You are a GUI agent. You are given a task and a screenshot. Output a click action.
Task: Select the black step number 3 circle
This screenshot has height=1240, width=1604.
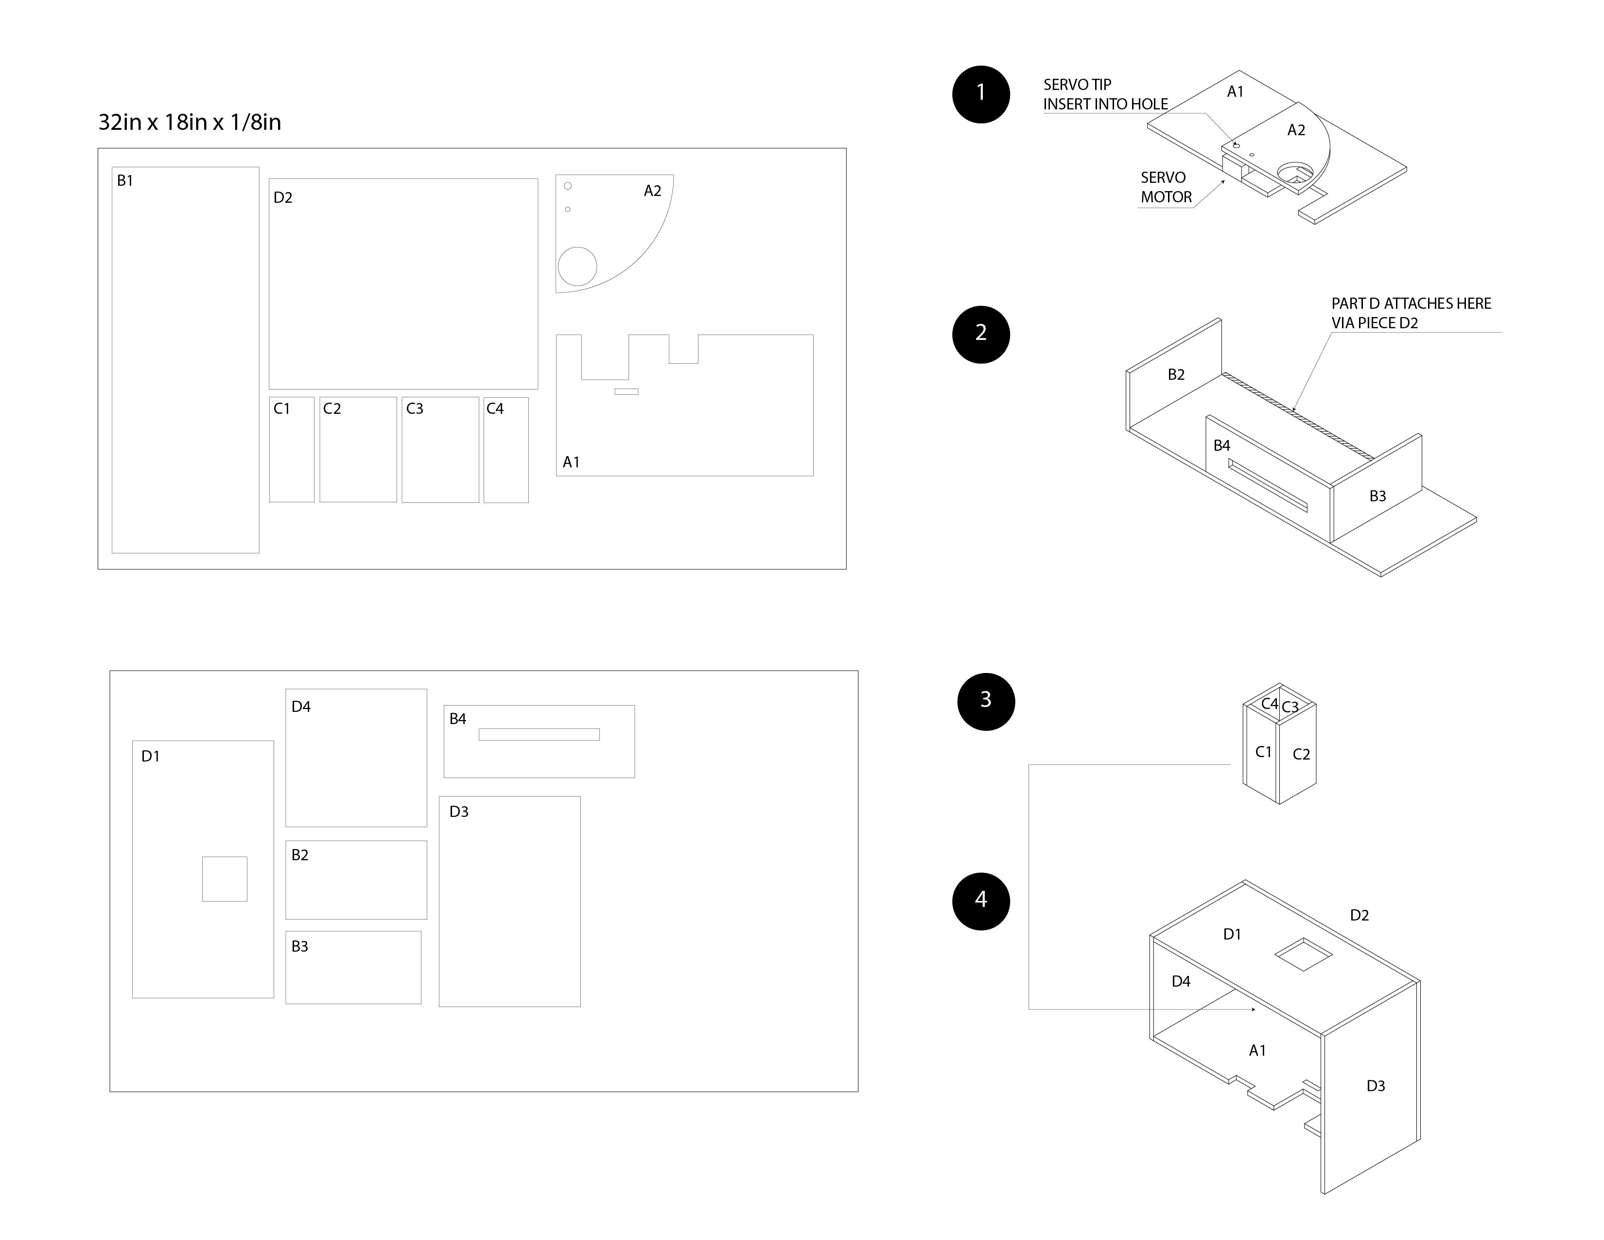click(986, 702)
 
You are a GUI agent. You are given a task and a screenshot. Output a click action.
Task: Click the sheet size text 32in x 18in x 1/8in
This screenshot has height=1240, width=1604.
click(190, 122)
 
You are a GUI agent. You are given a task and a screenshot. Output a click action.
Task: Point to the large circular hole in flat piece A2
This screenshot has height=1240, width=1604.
click(577, 266)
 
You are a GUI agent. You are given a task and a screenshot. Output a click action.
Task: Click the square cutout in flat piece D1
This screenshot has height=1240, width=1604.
click(225, 879)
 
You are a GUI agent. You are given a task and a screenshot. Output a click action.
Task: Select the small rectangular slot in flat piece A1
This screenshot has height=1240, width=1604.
click(627, 391)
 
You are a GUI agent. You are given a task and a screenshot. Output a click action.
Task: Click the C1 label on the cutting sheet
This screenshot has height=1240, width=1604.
click(282, 408)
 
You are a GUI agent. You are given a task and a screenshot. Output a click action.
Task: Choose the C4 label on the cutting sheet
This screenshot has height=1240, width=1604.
click(495, 408)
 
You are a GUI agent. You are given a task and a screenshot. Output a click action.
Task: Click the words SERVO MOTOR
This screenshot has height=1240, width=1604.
click(1166, 187)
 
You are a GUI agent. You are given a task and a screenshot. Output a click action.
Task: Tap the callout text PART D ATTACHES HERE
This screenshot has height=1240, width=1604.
click(1411, 303)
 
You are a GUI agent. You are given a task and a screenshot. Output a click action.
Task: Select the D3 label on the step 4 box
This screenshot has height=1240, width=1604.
click(1376, 1086)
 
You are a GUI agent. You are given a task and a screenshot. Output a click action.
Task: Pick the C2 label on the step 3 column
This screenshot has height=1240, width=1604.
click(1301, 754)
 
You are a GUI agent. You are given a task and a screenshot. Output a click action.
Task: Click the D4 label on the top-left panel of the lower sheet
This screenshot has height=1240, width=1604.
click(301, 707)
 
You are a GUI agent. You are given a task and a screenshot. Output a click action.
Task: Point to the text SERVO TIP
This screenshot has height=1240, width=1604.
click(1078, 85)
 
